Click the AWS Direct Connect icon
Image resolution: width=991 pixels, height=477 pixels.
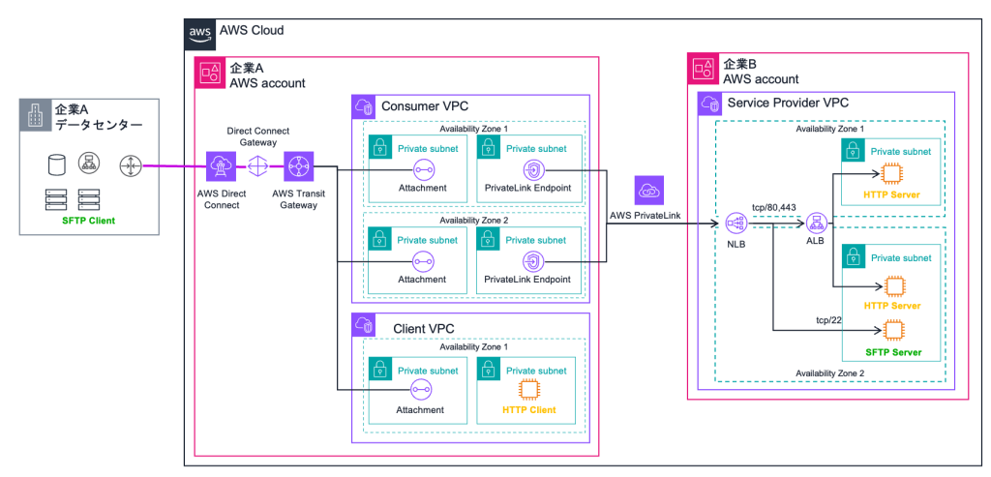pyautogui.click(x=216, y=166)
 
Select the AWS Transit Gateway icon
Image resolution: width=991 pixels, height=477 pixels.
pyautogui.click(x=298, y=166)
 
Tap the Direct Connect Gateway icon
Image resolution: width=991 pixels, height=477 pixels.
pyautogui.click(x=257, y=166)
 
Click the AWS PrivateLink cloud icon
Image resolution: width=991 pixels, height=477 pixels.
pyautogui.click(x=648, y=190)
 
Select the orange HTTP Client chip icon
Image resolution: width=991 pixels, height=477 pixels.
pyautogui.click(x=528, y=390)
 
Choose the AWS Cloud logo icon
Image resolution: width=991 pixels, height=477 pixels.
pyautogui.click(x=200, y=32)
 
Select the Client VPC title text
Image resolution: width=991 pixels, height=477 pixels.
pyautogui.click(x=426, y=328)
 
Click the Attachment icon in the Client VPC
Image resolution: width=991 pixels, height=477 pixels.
pyautogui.click(x=422, y=390)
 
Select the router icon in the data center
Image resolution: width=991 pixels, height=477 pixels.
pyautogui.click(x=129, y=166)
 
